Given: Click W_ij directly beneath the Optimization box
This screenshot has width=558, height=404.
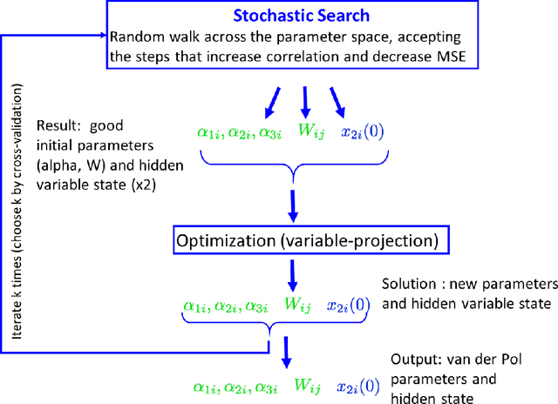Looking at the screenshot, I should (296, 306).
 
